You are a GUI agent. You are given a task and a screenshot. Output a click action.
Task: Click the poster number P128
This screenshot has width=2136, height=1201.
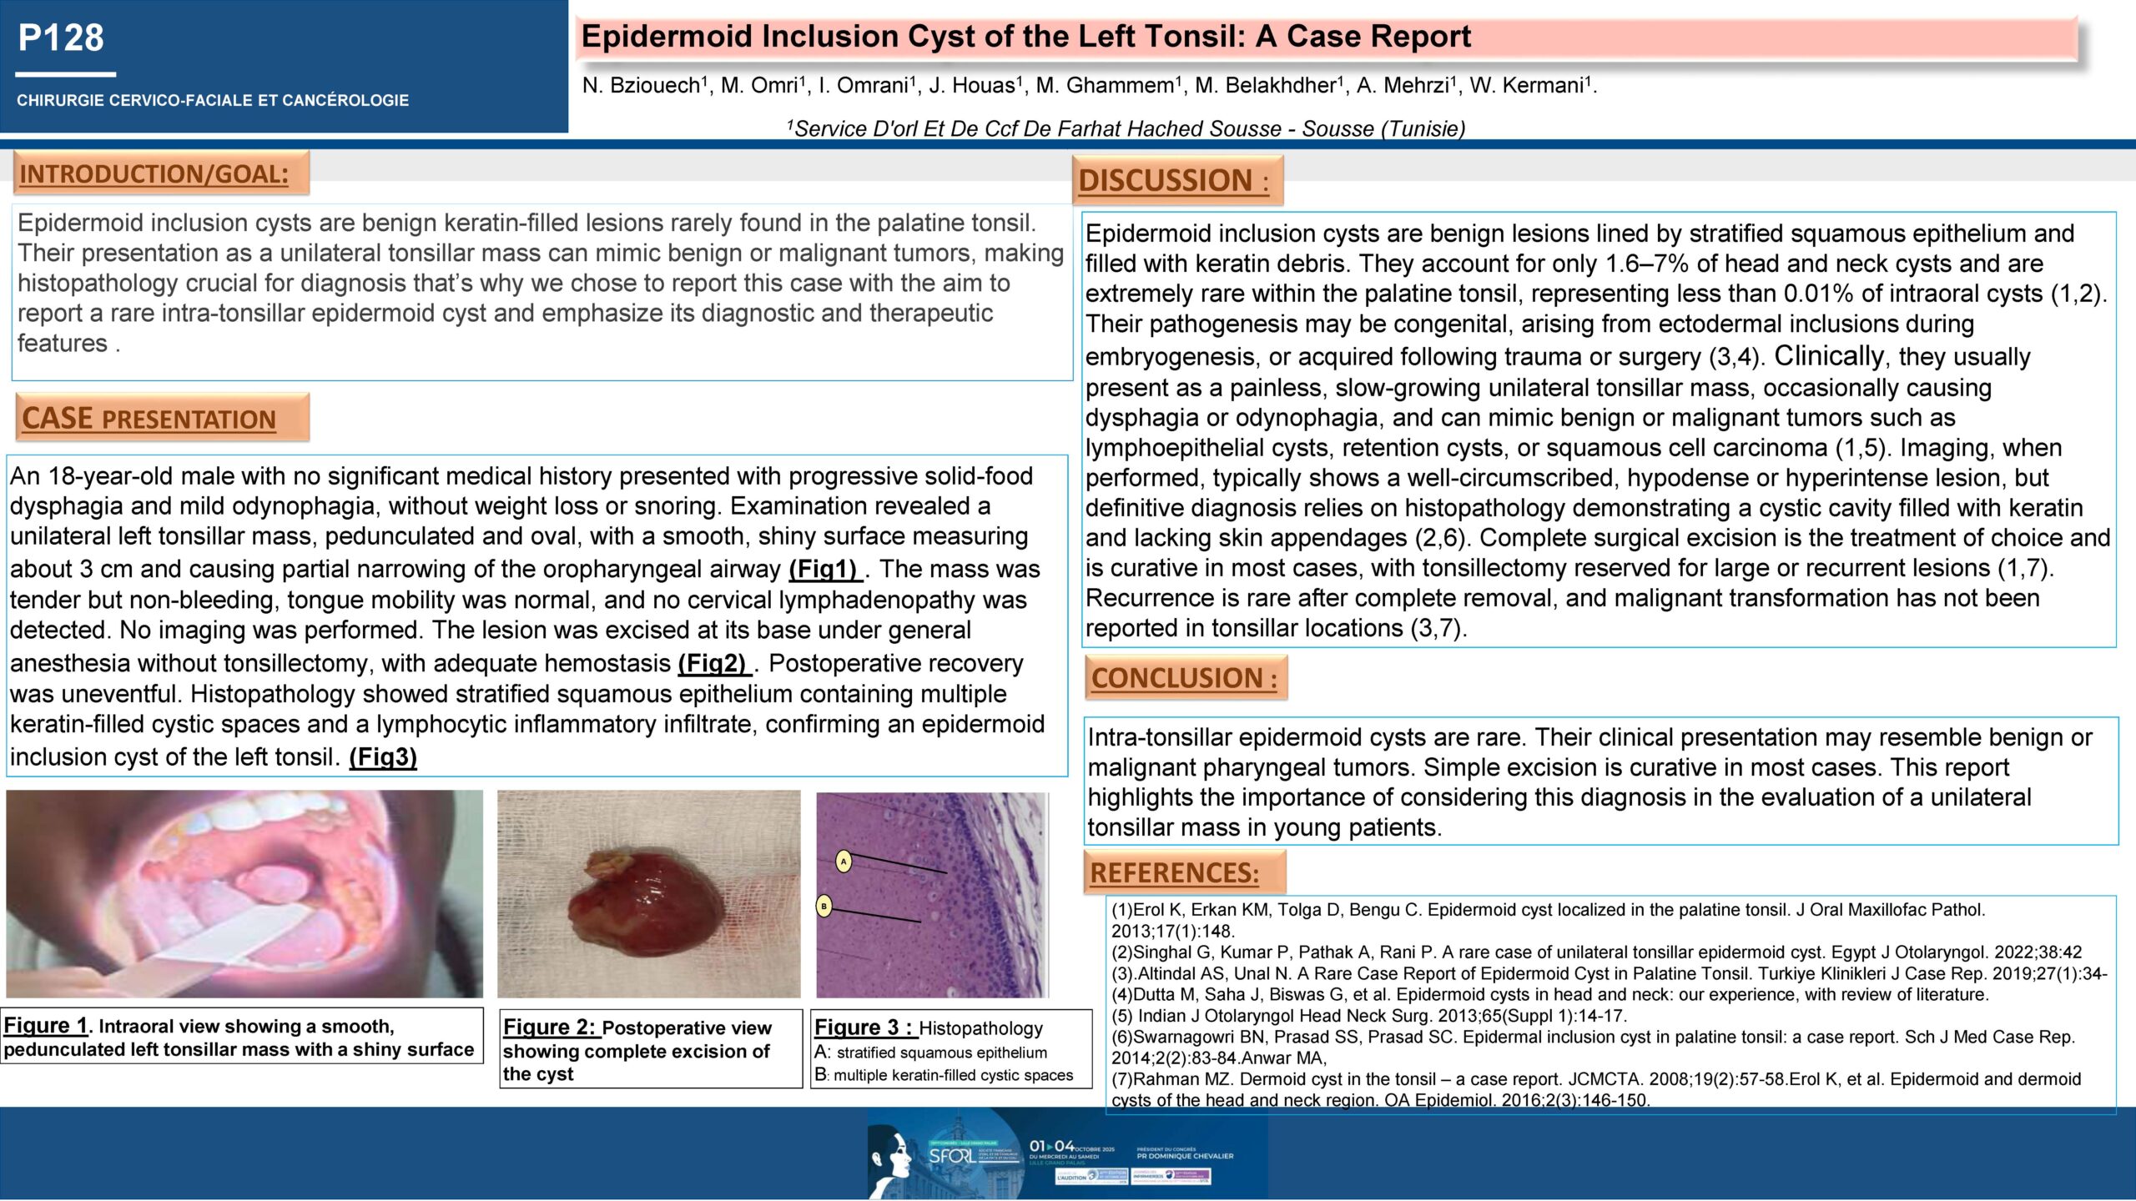coord(61,38)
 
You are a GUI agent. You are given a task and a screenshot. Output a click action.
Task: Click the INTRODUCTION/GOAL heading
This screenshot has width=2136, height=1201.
coord(154,174)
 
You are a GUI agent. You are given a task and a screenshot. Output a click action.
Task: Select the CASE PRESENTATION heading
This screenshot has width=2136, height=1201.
coord(149,418)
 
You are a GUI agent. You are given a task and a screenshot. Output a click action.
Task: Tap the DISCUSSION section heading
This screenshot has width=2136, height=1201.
coord(1173,180)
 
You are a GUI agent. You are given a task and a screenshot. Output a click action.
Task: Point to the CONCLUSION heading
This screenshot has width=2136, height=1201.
coord(1184,678)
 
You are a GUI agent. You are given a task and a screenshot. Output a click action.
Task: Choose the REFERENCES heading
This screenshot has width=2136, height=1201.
coord(1175,872)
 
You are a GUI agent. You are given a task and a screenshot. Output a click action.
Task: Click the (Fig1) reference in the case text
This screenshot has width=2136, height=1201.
coord(824,569)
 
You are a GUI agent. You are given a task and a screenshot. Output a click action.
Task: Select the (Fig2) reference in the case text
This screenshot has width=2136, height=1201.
coord(713,663)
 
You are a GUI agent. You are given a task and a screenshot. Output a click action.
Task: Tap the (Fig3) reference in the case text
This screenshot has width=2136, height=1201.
coord(383,757)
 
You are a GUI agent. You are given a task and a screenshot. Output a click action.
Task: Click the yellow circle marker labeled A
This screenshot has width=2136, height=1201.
coord(844,862)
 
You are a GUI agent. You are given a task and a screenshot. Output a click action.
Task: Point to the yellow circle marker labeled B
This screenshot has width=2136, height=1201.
coord(824,906)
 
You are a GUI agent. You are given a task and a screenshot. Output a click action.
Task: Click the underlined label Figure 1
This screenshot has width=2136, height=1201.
coord(45,1026)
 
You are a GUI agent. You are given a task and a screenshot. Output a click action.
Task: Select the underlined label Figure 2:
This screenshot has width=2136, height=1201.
coord(551,1028)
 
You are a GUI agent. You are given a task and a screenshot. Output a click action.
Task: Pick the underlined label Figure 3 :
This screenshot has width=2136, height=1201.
coord(864,1028)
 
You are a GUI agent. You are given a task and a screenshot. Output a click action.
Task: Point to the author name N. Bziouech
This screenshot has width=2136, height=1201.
coord(643,86)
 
